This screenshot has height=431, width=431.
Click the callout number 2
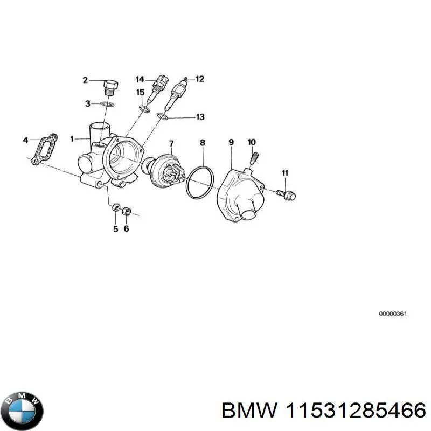[x=85, y=81]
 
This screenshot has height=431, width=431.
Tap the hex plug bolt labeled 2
[x=110, y=87]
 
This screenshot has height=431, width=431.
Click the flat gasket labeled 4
[x=41, y=148]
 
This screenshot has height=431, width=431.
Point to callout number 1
[x=71, y=139]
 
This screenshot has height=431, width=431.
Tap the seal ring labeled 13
[x=163, y=116]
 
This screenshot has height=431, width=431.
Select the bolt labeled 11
[x=286, y=194]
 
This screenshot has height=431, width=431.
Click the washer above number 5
[x=115, y=208]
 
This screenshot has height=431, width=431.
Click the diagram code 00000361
[x=392, y=314]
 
